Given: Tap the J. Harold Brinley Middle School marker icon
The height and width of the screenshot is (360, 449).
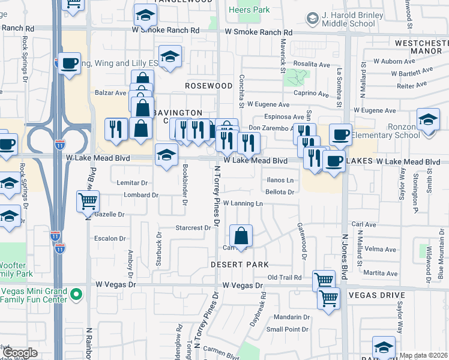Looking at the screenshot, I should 312,19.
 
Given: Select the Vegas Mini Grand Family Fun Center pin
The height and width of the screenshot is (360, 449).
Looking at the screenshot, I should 76,295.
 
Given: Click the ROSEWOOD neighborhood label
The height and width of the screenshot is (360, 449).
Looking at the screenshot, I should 208,86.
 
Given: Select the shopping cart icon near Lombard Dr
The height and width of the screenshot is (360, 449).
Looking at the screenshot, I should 88,201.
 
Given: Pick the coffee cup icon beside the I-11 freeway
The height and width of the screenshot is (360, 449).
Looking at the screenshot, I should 70,63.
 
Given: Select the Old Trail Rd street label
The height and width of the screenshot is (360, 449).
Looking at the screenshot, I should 284,277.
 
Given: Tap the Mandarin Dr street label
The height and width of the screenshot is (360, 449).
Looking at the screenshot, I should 288,317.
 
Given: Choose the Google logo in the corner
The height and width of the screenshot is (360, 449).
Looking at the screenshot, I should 20,353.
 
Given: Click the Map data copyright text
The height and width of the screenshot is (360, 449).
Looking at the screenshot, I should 423,355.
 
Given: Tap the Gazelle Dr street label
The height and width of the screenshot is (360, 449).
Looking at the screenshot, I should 109,214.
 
